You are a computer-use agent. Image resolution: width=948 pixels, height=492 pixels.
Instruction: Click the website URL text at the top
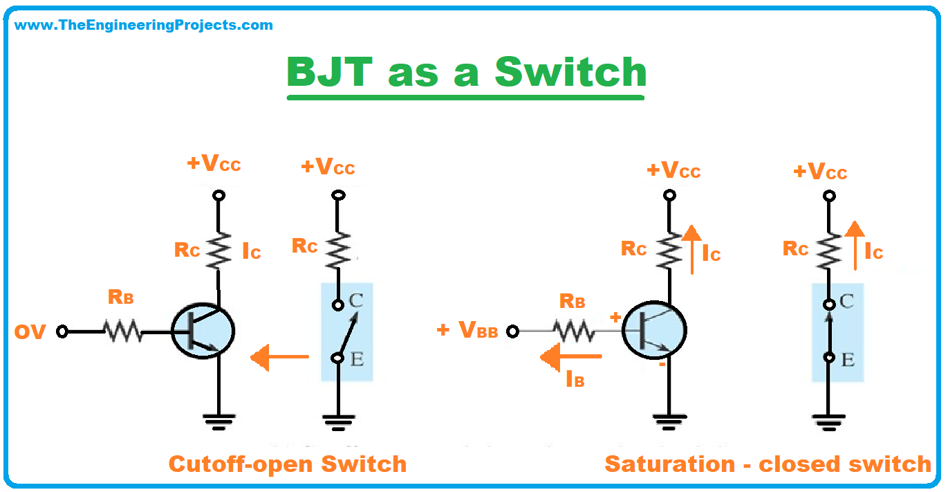143,25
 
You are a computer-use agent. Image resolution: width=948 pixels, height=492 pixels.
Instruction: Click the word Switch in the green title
570,72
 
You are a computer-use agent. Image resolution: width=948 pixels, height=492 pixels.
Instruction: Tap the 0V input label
30,332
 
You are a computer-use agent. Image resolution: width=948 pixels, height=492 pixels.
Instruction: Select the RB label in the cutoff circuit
120,297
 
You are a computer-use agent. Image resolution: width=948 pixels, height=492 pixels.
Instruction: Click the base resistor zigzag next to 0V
123,331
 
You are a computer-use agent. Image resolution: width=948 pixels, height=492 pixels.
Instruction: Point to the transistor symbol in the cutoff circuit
203,331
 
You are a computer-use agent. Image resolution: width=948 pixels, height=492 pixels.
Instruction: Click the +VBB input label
467,330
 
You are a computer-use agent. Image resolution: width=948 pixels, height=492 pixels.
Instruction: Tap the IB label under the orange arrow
575,379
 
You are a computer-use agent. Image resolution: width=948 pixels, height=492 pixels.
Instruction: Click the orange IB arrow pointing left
571,357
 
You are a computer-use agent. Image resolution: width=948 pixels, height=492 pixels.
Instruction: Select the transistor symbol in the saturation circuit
654,330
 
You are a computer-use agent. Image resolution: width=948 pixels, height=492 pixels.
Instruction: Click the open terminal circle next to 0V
62,331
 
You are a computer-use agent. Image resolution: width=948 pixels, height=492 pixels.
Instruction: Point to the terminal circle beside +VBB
512,331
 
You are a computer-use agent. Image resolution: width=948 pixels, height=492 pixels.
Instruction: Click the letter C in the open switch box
356,300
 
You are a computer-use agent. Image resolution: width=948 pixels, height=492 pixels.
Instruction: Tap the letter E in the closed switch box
847,360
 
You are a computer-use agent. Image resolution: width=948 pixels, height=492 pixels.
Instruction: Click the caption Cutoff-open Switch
288,464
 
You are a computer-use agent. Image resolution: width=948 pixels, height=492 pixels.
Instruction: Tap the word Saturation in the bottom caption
670,464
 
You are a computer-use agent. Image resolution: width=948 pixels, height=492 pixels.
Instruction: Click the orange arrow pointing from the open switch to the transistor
280,357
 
